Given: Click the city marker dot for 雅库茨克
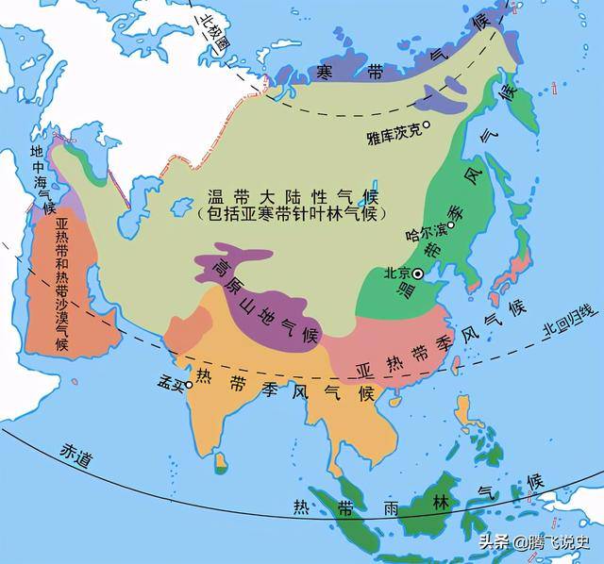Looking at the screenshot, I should (x=427, y=124).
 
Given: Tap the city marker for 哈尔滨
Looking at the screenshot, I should (x=451, y=225).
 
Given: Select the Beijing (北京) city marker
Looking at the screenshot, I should (x=418, y=273).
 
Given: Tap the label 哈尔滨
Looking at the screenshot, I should (x=423, y=231).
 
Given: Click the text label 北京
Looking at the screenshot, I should (x=396, y=274).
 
